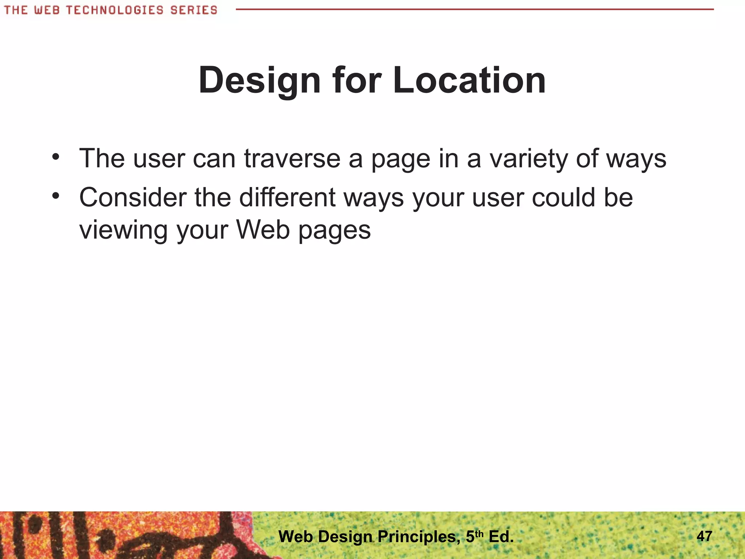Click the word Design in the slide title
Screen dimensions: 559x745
click(x=259, y=81)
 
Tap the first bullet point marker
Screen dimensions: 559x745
click(x=55, y=157)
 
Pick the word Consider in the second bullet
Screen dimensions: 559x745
click(x=133, y=198)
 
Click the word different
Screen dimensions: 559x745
click(x=287, y=198)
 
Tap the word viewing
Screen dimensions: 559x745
click(x=123, y=230)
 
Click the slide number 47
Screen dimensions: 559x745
click(x=704, y=536)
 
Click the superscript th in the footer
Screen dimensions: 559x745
click(x=479, y=534)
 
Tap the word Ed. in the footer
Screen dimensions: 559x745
click(x=501, y=537)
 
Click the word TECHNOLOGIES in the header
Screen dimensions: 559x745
click(x=115, y=10)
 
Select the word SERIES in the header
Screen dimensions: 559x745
click(x=194, y=10)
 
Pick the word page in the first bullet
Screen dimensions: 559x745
click(x=401, y=159)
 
